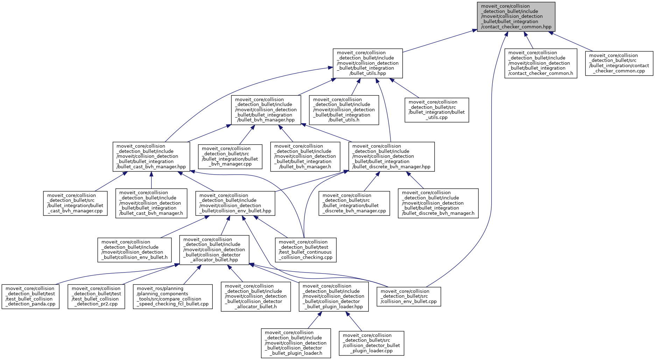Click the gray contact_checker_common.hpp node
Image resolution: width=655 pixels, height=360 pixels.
coord(516,16)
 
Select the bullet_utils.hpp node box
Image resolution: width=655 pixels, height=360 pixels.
coord(367,63)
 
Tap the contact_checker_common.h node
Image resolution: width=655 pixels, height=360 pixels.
coord(541,63)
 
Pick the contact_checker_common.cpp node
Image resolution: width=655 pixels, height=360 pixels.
coord(619,63)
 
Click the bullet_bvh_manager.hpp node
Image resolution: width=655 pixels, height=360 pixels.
coord(266,110)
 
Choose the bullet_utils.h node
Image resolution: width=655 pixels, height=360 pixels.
coord(344,110)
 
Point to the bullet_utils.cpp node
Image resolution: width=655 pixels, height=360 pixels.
coord(437,110)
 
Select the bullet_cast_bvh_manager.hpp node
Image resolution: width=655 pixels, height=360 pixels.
coord(151,156)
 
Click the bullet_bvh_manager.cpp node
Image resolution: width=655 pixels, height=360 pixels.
coord(230,156)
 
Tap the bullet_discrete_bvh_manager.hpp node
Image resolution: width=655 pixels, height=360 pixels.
coord(391,156)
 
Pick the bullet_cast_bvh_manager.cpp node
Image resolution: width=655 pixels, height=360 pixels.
coord(75,203)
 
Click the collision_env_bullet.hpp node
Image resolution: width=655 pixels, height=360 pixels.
coord(235,203)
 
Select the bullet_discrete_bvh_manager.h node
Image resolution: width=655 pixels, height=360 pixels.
coord(438,203)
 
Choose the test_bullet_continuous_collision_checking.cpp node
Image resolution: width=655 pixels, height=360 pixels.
coord(305,250)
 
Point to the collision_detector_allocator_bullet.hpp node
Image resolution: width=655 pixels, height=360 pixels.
coord(214,250)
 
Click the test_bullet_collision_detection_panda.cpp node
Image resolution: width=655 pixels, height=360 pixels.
coord(30,296)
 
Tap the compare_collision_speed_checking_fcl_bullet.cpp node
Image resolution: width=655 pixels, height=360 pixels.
coord(173,296)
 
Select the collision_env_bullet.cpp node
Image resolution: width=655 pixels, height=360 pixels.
coord(409,296)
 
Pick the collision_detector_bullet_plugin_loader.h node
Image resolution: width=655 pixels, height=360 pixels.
coord(296,343)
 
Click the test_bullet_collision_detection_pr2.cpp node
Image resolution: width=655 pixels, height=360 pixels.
coord(96,296)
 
